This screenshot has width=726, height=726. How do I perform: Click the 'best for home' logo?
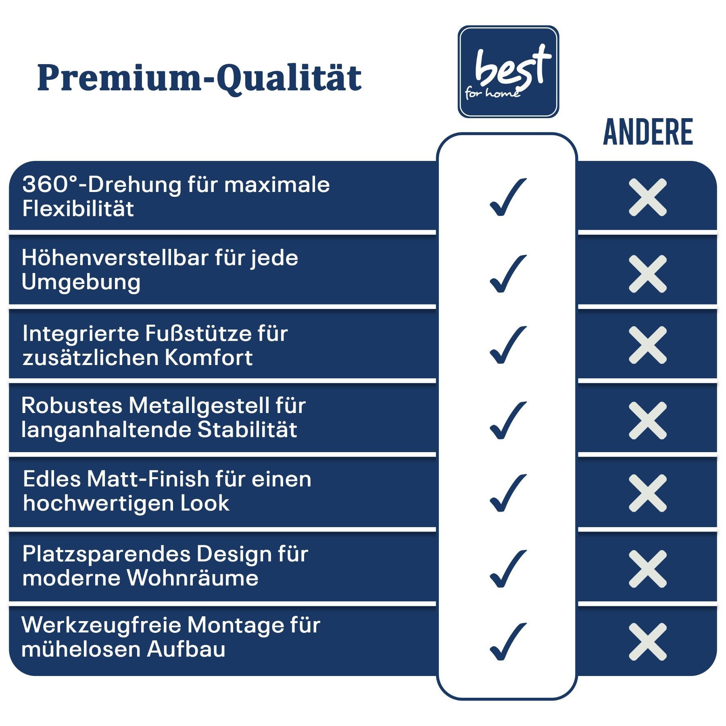[x=508, y=72]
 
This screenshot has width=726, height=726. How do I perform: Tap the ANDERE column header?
[x=648, y=132]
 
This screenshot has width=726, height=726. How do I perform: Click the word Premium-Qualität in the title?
[x=200, y=78]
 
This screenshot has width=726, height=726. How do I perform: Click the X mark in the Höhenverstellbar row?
[x=648, y=273]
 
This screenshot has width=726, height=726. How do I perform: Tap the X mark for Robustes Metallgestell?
[x=648, y=420]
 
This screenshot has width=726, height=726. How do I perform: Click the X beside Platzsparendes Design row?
[x=648, y=569]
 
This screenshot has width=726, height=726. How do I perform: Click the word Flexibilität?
[x=78, y=209]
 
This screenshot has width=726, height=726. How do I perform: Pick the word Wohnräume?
[x=193, y=578]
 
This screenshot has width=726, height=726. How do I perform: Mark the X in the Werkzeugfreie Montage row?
[x=648, y=642]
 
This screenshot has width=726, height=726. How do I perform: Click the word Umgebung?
[x=81, y=282]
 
